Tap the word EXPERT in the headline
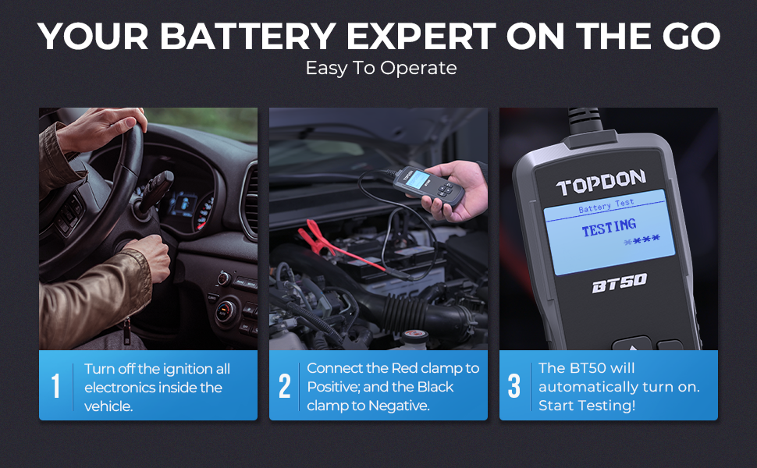pos(421,36)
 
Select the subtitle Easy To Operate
pos(382,68)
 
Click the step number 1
pos(56,386)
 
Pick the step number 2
pos(285,386)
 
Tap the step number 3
pos(514,386)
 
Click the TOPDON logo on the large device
pos(601,183)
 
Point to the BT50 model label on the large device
pos(620,282)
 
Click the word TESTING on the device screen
pos(609,228)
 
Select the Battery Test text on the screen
pos(606,206)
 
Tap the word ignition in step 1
pos(185,370)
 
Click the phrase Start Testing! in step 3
pos(587,406)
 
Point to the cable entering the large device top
pos(585,121)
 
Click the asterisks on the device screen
pos(641,239)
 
